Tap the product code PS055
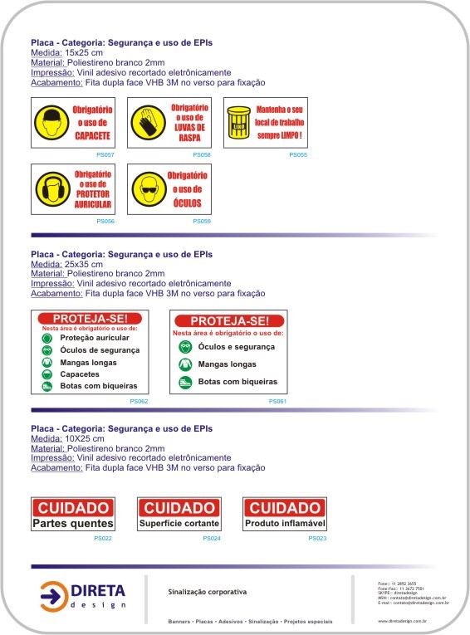pyautogui.click(x=298, y=155)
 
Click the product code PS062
pyautogui.click(x=139, y=401)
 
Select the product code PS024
pyautogui.click(x=212, y=539)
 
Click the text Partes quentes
pyautogui.click(x=73, y=524)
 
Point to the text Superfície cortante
pyautogui.click(x=179, y=524)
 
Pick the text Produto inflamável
pyautogui.click(x=285, y=524)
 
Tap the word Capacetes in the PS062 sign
pyautogui.click(x=81, y=374)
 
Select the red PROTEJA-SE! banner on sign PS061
pyautogui.click(x=228, y=321)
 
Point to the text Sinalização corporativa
pyautogui.click(x=208, y=592)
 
